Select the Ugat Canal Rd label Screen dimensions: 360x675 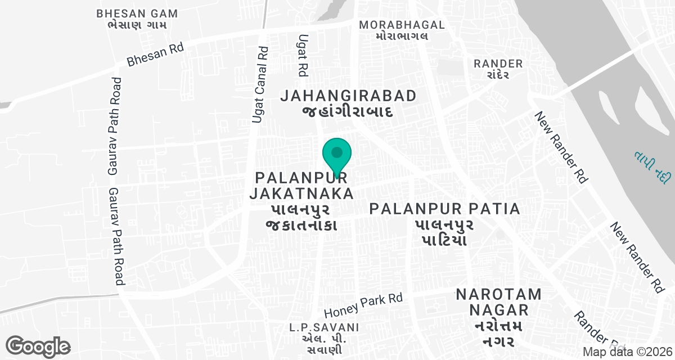click(260, 85)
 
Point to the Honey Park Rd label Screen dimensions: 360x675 click(364, 305)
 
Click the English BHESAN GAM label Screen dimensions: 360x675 click(137, 13)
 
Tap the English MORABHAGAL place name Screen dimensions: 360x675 click(402, 25)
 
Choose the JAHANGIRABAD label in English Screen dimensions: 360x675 click(349, 96)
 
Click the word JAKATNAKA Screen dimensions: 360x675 click(301, 194)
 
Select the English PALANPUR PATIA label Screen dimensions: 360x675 click(444, 209)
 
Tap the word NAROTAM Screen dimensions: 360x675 click(499, 294)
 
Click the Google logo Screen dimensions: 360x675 click(38, 345)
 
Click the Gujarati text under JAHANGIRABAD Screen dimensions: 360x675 click(348, 111)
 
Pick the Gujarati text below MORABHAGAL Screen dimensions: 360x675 click(402, 36)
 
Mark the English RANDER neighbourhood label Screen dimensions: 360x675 click(498, 64)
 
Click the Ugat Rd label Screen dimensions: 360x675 click(303, 55)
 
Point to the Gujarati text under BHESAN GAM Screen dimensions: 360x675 click(137, 25)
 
